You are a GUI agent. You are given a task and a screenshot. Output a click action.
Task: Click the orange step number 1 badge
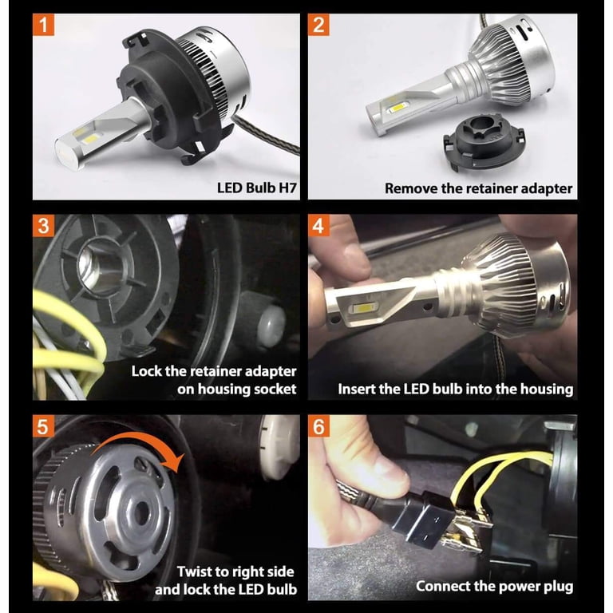tap(43, 25)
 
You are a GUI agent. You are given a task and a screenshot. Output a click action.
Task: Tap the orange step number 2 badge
tap(318, 25)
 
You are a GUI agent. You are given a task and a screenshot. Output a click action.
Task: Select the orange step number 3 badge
tap(43, 226)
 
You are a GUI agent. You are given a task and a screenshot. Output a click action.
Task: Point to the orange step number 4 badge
tap(318, 226)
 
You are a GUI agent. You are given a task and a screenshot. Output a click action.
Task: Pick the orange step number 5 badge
tap(43, 426)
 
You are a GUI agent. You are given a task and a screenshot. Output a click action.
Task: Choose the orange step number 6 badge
tap(318, 426)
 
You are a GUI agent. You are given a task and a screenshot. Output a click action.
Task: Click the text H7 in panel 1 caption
tap(287, 188)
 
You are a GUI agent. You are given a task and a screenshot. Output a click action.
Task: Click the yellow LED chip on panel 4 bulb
tap(364, 308)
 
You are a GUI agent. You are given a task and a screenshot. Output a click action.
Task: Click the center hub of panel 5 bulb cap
tap(141, 512)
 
